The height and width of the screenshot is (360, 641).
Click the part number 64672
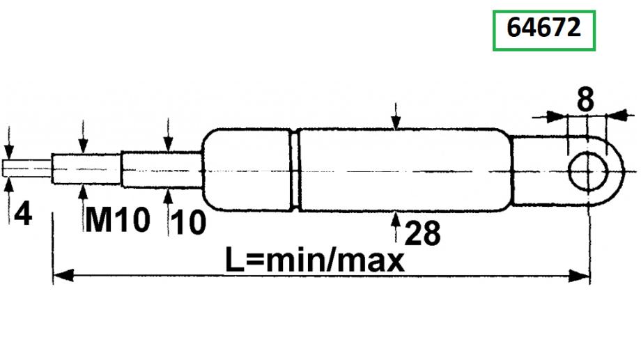click(x=543, y=28)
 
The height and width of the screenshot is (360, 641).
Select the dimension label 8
click(x=585, y=100)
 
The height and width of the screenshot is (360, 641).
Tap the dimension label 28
click(x=422, y=233)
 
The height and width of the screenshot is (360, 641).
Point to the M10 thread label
click(x=117, y=219)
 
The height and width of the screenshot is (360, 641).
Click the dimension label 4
click(x=23, y=213)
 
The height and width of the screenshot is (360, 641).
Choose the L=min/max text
click(x=315, y=261)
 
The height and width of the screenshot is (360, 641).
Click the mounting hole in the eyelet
click(x=587, y=171)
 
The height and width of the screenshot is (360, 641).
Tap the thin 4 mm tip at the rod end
click(x=27, y=169)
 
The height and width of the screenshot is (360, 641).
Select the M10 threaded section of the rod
click(x=86, y=169)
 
